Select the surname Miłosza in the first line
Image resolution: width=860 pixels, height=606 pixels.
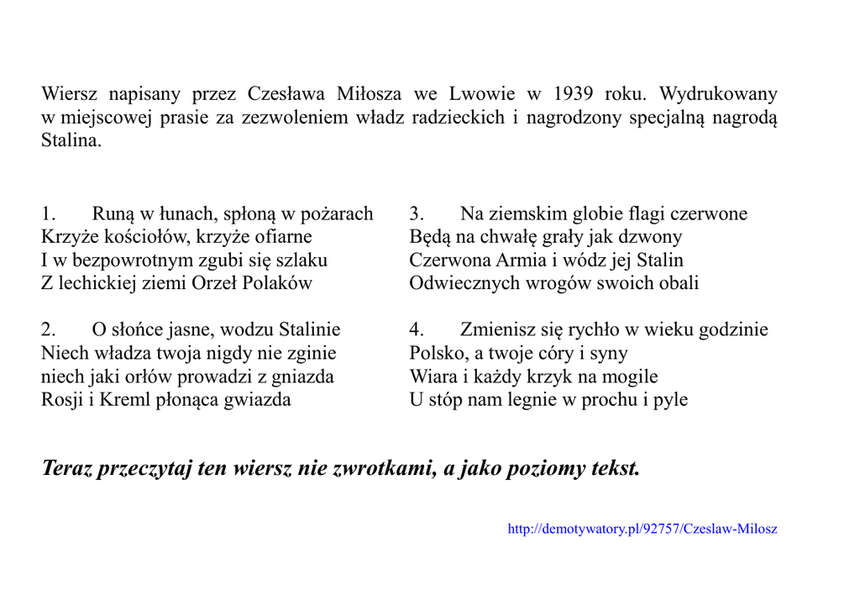tap(370, 93)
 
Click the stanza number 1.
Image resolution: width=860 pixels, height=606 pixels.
tap(47, 214)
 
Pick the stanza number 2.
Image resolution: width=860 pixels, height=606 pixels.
tap(48, 329)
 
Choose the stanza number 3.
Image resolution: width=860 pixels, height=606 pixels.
tap(416, 214)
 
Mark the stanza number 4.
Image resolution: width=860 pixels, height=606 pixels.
tap(417, 329)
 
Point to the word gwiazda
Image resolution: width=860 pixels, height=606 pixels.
tap(257, 399)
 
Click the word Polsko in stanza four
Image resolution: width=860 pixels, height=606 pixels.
tap(437, 353)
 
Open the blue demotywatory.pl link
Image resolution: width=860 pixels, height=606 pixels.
tap(642, 530)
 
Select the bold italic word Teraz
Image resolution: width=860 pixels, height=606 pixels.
tap(66, 468)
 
